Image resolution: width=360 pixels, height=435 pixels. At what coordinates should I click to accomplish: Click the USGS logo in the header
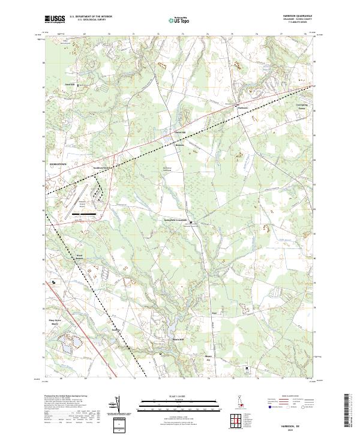[55, 20]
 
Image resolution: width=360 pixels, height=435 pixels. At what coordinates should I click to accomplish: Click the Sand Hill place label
[70, 85]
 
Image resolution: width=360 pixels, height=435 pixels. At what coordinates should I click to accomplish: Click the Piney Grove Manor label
[55, 322]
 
